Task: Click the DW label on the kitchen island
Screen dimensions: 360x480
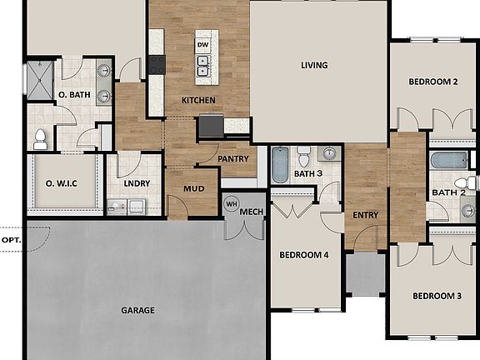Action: pyautogui.click(x=202, y=44)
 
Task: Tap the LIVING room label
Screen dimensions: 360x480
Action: pyautogui.click(x=314, y=65)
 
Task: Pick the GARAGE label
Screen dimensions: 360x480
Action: pyautogui.click(x=138, y=310)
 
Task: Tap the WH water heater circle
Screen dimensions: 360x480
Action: pyautogui.click(x=232, y=202)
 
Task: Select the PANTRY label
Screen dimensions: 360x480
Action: pyautogui.click(x=233, y=159)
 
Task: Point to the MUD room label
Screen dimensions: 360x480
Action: pyautogui.click(x=193, y=188)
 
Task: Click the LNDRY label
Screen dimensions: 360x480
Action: pyautogui.click(x=136, y=183)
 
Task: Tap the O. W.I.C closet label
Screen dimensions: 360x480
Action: pyautogui.click(x=62, y=183)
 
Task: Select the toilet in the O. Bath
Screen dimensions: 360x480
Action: pyautogui.click(x=40, y=138)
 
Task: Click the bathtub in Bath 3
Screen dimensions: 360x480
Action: pyautogui.click(x=280, y=164)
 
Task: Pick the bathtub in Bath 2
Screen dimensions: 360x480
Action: pyautogui.click(x=450, y=160)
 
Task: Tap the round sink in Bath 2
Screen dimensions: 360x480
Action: pyautogui.click(x=467, y=211)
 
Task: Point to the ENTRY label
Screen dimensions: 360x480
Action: pyautogui.click(x=365, y=215)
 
